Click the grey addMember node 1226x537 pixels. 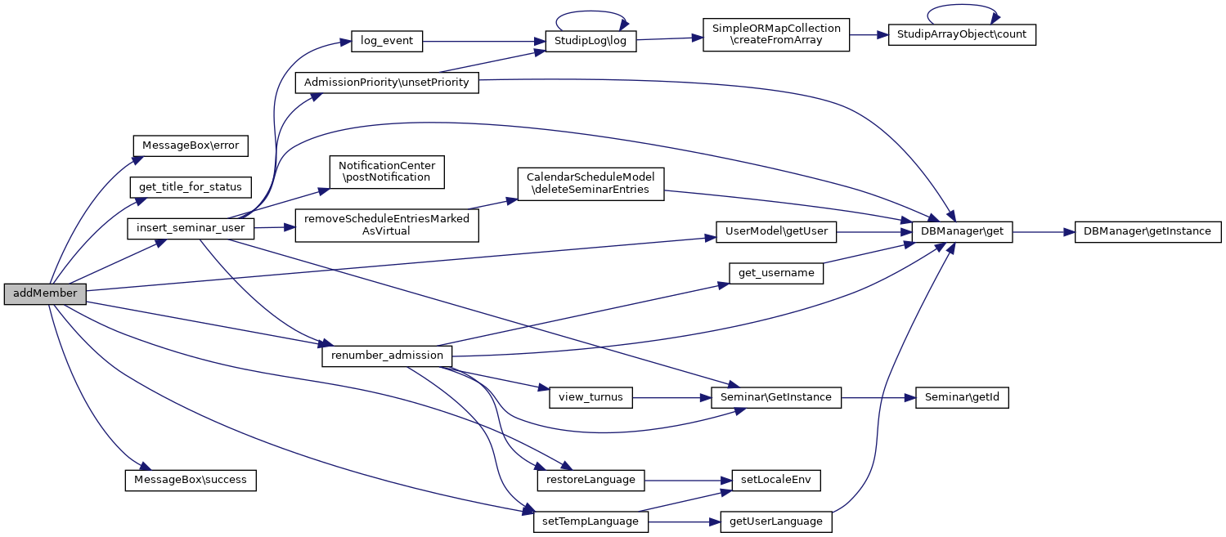point(45,293)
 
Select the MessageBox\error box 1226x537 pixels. point(191,145)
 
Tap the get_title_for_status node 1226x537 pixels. point(191,187)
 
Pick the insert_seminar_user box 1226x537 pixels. point(191,228)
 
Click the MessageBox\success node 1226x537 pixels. point(191,480)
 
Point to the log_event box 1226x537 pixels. point(387,42)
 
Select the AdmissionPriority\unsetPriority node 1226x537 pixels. point(387,83)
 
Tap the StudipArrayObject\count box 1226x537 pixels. point(961,34)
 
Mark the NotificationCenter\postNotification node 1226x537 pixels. point(387,171)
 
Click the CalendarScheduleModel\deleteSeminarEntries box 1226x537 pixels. point(590,183)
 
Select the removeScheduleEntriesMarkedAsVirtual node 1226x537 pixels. point(387,225)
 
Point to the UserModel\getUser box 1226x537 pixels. point(776,232)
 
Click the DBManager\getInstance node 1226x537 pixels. point(1147,232)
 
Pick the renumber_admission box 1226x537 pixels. point(387,356)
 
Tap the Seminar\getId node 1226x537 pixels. point(961,398)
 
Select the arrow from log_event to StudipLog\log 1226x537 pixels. point(483,42)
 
